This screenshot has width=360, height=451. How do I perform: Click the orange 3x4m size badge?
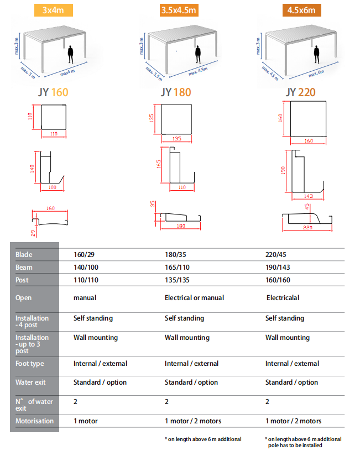click(x=54, y=11)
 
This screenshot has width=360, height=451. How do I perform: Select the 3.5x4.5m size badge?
click(x=179, y=11)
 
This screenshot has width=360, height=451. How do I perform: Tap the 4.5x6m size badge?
click(x=301, y=11)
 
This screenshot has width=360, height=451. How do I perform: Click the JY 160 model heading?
click(x=53, y=92)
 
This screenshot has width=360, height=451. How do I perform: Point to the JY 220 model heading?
click(x=301, y=92)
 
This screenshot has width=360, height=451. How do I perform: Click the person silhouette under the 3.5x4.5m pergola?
click(x=198, y=54)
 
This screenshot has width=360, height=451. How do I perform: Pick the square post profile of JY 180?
click(x=176, y=119)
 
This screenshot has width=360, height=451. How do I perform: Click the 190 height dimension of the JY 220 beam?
click(x=283, y=170)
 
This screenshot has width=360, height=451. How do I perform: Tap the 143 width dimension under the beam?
click(x=308, y=196)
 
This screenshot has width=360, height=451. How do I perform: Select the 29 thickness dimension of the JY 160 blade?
click(x=33, y=233)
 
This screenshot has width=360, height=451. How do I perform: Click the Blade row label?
click(x=24, y=255)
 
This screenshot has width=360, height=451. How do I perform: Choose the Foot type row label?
click(x=30, y=364)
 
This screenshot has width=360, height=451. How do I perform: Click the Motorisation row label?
click(x=34, y=421)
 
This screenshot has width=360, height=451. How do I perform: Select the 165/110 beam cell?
click(x=178, y=268)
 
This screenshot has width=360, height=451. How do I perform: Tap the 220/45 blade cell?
click(x=276, y=255)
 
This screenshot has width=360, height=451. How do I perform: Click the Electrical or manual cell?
click(x=194, y=298)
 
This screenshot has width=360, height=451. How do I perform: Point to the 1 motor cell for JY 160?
click(x=86, y=421)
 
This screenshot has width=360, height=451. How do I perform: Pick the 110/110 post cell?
click(x=86, y=280)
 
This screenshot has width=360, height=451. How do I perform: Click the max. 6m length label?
click(x=316, y=74)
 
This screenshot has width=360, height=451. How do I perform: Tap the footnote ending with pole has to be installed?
click(x=303, y=442)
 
